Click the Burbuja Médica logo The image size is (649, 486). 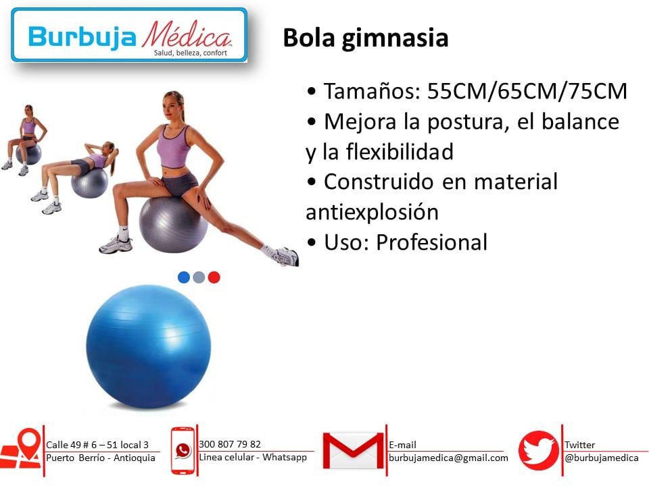129,35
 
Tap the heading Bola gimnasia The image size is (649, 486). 366,38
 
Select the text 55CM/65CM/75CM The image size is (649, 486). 527,91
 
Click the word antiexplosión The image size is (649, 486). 372,213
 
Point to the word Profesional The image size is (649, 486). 432,242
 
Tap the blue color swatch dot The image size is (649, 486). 184,277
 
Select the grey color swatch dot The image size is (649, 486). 199,277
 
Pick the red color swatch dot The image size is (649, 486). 214,277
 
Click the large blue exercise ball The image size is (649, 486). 149,346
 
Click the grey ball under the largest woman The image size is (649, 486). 174,224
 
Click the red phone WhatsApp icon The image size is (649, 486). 183,450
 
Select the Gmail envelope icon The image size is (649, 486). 353,450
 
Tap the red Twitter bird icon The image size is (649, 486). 539,450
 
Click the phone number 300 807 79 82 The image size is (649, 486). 230,444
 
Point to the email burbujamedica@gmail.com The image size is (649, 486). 448,458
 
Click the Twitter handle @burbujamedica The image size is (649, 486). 602,458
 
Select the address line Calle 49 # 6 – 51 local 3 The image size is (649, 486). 97,445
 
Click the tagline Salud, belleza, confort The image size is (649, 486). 191,53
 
